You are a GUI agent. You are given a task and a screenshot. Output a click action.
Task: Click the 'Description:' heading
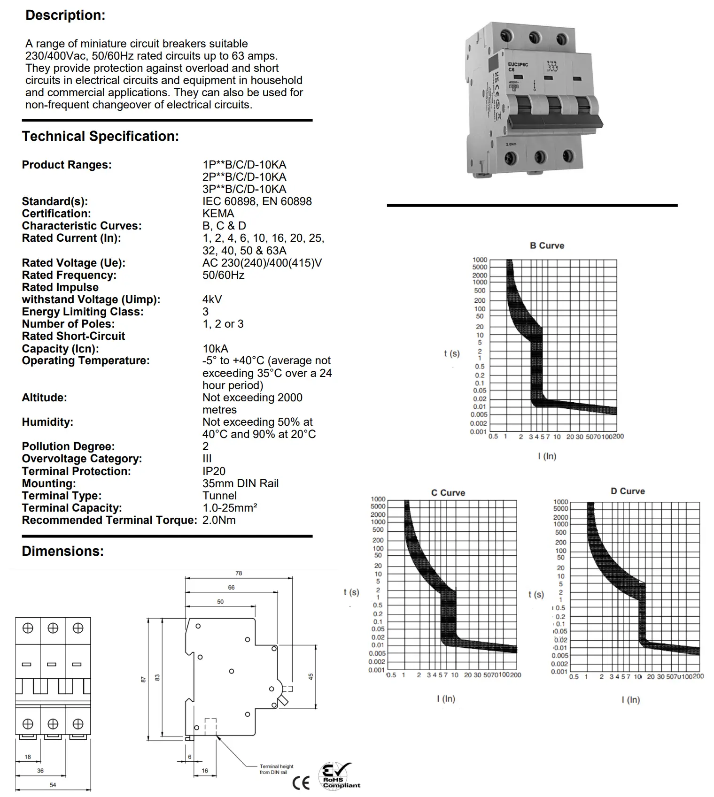(x=65, y=15)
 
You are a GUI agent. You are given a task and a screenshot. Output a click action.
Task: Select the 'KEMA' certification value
(x=218, y=214)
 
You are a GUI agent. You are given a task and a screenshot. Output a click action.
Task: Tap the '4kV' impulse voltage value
(x=212, y=299)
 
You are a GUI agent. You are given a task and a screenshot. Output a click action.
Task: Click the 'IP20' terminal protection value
(x=214, y=471)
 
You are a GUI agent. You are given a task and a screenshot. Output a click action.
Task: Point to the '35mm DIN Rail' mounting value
(x=240, y=483)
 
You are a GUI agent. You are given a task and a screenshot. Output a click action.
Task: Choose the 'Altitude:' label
(x=44, y=398)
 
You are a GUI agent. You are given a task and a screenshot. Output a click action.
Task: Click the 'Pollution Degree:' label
(x=68, y=446)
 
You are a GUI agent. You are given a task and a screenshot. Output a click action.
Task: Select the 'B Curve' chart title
(x=547, y=245)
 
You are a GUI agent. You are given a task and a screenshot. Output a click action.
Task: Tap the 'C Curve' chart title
(x=448, y=493)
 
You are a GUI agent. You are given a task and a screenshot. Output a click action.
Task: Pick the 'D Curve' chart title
(x=628, y=491)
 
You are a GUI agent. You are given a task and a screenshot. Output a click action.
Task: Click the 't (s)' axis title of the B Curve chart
(x=452, y=353)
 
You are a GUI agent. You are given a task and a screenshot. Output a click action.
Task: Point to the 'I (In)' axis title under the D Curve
(x=630, y=700)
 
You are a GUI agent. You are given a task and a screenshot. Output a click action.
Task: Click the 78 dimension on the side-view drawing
(x=239, y=573)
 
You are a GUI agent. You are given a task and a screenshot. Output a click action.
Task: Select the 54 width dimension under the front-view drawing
(x=53, y=785)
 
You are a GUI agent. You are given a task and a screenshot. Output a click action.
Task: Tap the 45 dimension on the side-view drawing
(x=310, y=676)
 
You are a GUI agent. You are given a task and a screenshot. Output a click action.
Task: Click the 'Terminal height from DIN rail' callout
(x=276, y=769)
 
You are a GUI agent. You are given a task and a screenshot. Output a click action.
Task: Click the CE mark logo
(x=301, y=783)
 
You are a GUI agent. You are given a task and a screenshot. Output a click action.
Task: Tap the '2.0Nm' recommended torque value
(x=219, y=520)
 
